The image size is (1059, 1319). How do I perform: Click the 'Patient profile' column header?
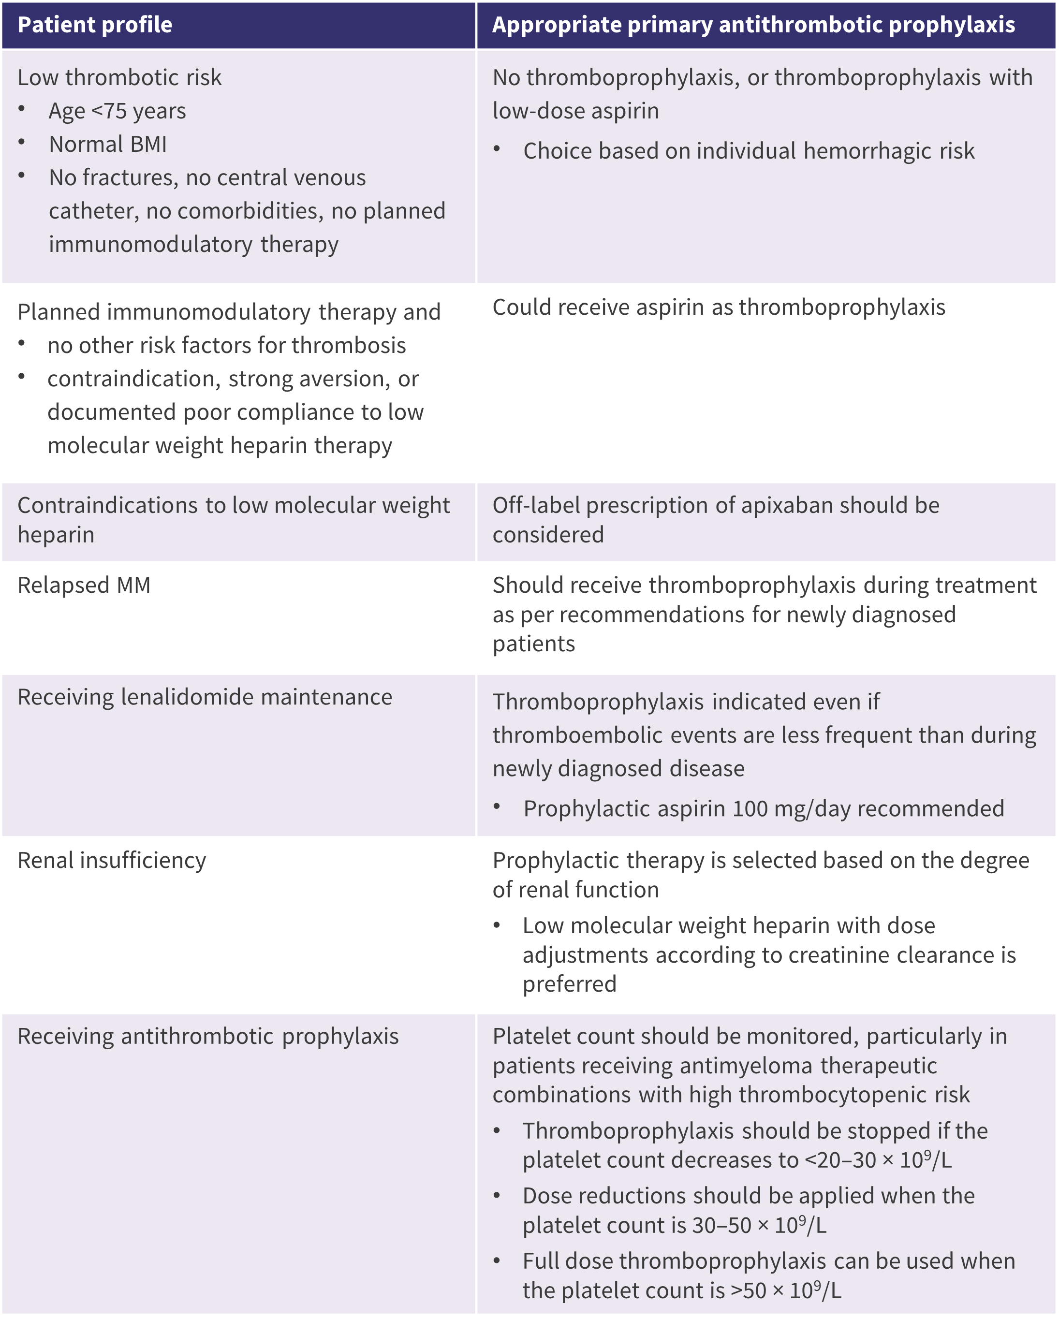95,25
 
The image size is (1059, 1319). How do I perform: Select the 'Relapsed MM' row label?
84,586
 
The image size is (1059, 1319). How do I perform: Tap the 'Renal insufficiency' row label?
112,861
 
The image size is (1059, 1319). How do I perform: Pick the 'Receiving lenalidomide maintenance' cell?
205,697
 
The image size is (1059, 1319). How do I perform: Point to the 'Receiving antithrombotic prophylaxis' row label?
208,1036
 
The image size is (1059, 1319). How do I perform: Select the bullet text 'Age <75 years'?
117,111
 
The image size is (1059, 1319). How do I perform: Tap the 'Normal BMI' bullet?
108,145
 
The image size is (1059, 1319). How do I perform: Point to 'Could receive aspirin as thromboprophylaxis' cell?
719,307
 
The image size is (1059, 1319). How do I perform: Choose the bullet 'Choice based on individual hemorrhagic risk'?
748,151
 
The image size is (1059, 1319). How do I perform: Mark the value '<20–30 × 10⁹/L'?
878,1159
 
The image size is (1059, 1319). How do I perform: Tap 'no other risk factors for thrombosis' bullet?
226,346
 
